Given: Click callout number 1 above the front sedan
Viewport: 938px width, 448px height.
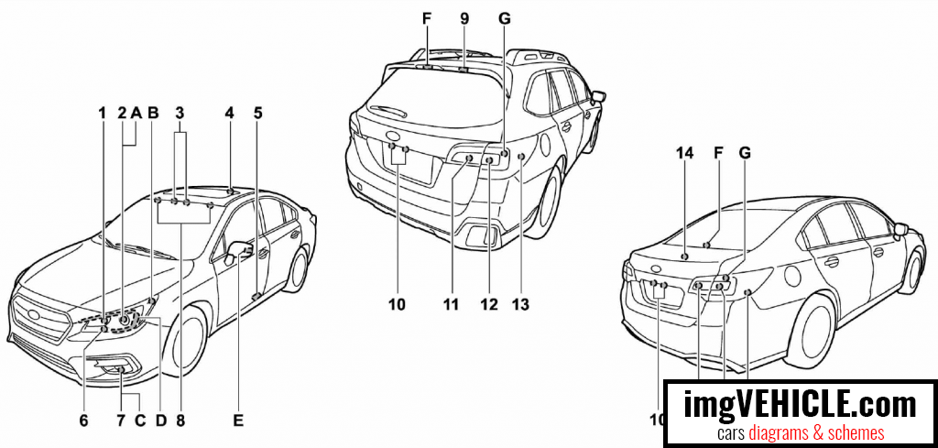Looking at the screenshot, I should click(104, 113).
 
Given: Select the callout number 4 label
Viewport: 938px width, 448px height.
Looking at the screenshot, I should click(229, 113).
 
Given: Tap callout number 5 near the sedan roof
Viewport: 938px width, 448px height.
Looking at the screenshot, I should click(258, 113).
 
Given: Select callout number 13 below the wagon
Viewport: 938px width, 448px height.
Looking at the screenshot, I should click(521, 303).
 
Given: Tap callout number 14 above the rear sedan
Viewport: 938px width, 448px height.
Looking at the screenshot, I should click(686, 156).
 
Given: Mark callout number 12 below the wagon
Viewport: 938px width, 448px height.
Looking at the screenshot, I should click(488, 303).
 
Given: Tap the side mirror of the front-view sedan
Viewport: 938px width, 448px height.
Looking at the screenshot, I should click(240, 248).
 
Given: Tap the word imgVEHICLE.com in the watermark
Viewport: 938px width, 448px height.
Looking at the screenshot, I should click(800, 403).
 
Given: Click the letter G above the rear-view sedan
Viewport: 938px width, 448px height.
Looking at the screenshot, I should click(745, 156).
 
